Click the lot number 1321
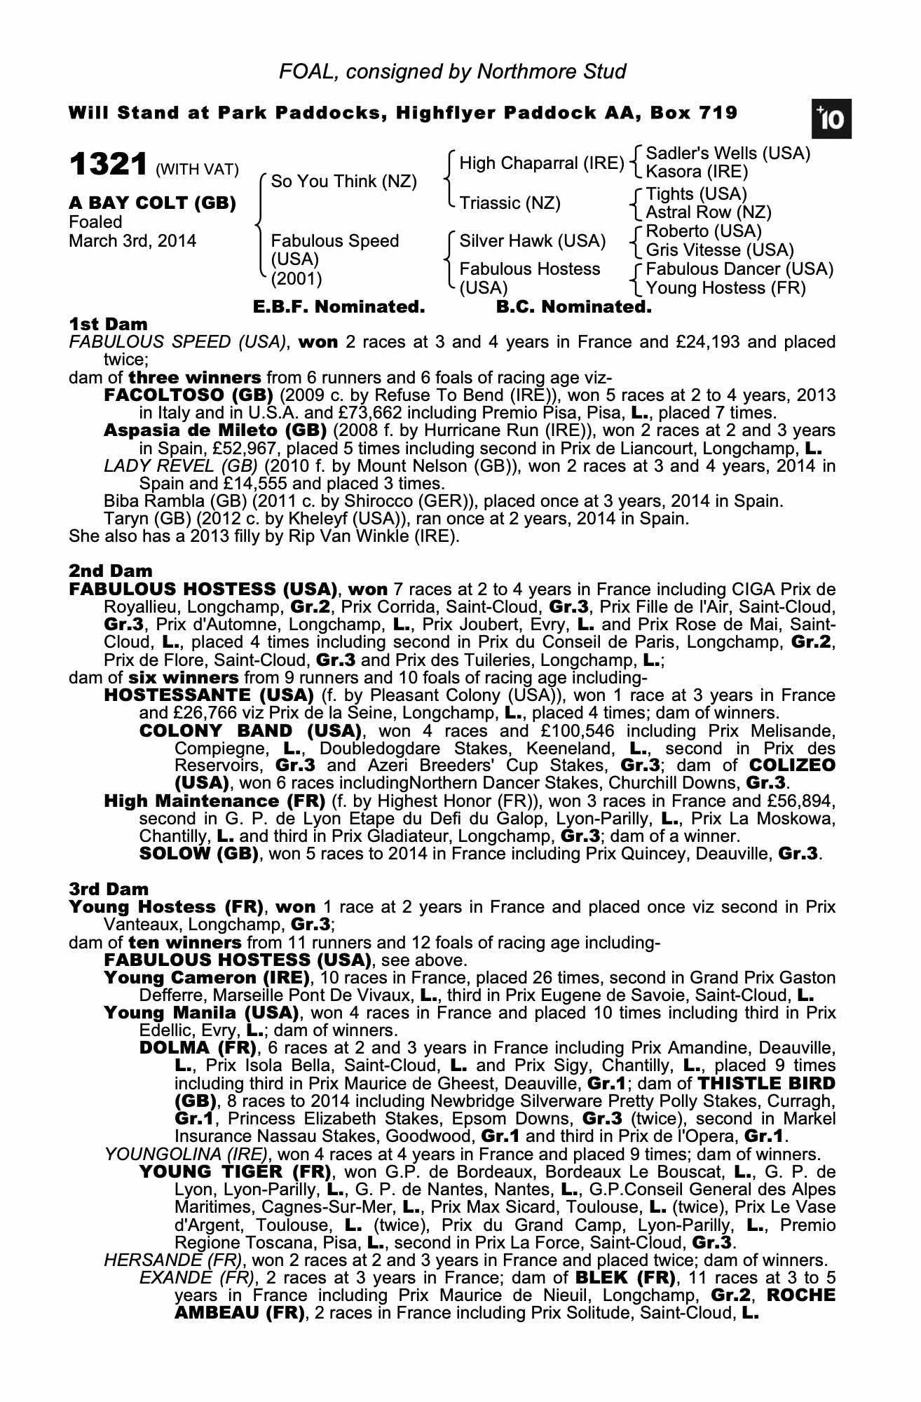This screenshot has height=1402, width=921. pos(109,165)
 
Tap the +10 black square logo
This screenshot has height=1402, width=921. pos(831,119)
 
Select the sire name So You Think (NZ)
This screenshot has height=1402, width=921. pos(343,182)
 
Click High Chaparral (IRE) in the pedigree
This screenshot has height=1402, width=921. pos(541,163)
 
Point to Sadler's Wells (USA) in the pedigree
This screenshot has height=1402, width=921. pos(728,154)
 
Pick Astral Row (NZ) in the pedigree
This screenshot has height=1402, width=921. pos(708,212)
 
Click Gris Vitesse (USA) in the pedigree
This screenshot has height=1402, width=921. pos(719,250)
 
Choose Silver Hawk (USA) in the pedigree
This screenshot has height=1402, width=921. pos(532,241)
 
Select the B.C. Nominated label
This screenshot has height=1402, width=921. pos(573,307)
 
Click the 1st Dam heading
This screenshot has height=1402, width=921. pos(109,324)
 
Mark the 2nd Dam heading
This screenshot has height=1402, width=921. pos(111,571)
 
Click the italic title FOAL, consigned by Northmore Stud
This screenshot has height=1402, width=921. pos(452,72)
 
